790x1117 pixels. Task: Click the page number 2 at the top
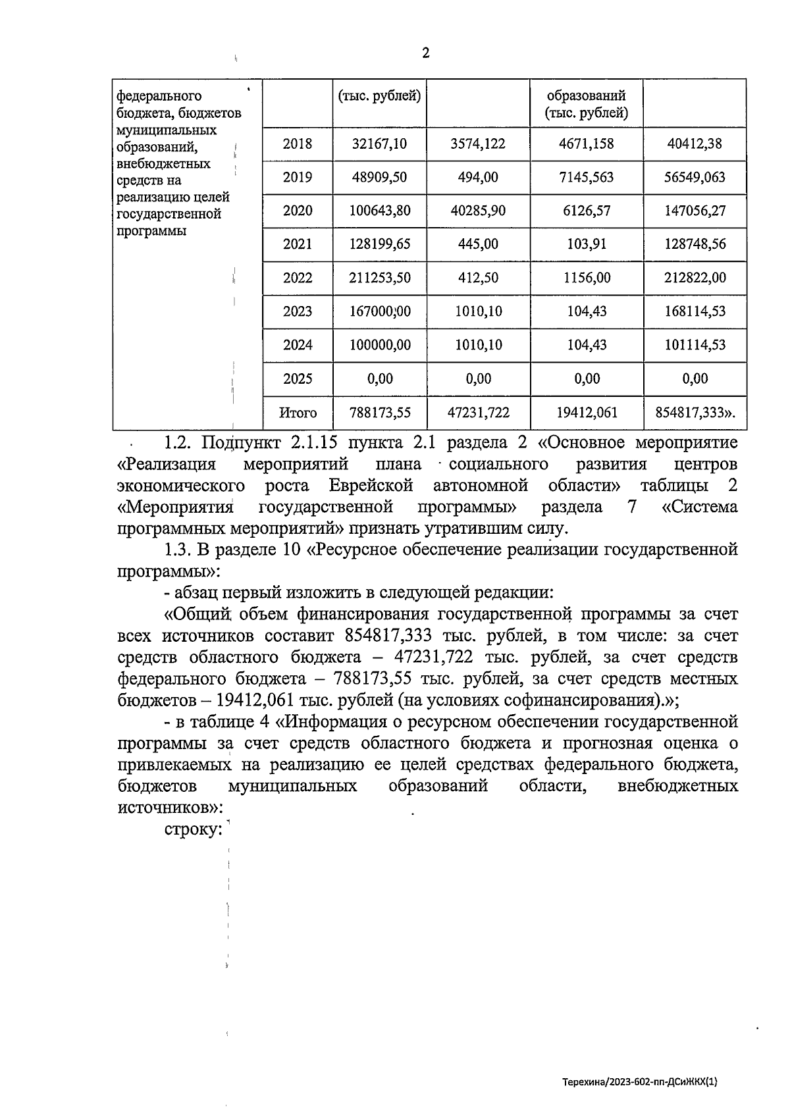coord(425,53)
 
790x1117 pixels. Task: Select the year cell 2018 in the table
coord(298,143)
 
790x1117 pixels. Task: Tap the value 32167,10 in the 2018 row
coord(379,143)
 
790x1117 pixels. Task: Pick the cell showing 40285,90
coord(478,211)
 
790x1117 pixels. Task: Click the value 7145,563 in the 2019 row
coord(586,177)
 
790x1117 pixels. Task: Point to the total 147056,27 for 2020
coord(695,211)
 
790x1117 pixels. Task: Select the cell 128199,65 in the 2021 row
coord(379,244)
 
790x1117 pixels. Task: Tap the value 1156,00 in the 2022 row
coord(586,278)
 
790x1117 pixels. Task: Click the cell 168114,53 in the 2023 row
coord(695,311)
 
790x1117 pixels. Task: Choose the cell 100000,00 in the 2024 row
coord(379,345)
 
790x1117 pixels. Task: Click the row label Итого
coord(298,413)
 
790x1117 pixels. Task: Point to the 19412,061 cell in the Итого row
coord(586,413)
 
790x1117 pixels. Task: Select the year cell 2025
coord(298,378)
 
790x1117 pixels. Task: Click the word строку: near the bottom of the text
coord(192,830)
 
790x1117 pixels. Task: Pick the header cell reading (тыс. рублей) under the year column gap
coord(379,96)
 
